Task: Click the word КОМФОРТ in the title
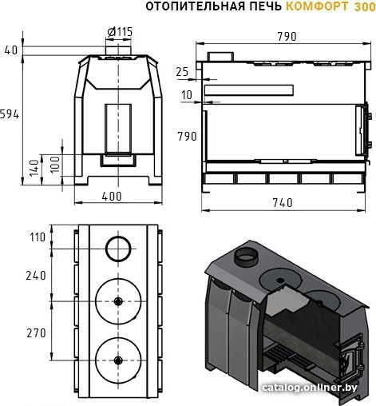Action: [318, 6]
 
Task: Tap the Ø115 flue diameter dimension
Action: [120, 32]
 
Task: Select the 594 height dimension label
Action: [10, 114]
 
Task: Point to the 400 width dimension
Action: [112, 197]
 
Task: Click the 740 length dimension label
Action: [283, 203]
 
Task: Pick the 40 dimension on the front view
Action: [11, 50]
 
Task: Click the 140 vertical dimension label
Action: [34, 168]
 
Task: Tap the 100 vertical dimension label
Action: [55, 165]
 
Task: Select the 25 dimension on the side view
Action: [182, 72]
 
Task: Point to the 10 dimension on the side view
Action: [187, 95]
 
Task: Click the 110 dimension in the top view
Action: [38, 237]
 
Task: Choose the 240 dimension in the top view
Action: [36, 276]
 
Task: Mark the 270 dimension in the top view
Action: [36, 333]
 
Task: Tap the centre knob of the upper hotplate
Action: [118, 301]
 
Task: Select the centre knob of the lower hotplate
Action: [118, 360]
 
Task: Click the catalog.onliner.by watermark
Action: [309, 388]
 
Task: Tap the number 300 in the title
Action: [365, 6]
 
